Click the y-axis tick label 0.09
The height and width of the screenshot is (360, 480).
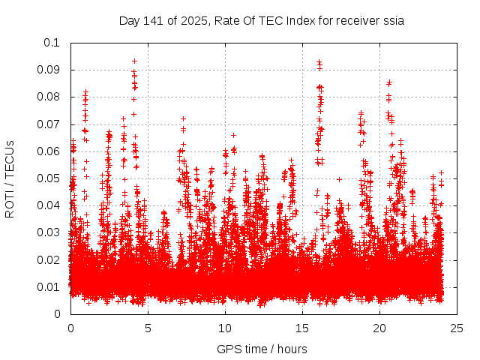click(x=50, y=70)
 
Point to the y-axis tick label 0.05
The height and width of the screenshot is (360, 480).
click(x=50, y=178)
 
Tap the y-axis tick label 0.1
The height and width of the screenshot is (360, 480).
click(x=53, y=43)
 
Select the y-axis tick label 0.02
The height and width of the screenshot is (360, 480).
click(x=50, y=259)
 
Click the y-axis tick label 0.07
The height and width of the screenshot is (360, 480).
click(x=50, y=124)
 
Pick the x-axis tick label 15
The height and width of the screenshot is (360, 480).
click(x=302, y=328)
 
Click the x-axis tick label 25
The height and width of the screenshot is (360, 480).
click(x=457, y=328)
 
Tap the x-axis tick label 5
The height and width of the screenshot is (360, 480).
click(x=148, y=328)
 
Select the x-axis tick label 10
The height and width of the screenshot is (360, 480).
click(x=225, y=328)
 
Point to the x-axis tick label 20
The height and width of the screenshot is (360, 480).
click(x=379, y=328)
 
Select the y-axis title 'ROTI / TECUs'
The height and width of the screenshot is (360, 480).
click(x=10, y=178)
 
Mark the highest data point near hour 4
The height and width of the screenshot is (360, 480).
click(x=134, y=61)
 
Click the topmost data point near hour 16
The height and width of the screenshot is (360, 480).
click(x=319, y=62)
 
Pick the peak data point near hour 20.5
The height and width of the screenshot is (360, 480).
click(x=388, y=82)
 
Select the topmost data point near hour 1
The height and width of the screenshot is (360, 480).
click(x=85, y=92)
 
